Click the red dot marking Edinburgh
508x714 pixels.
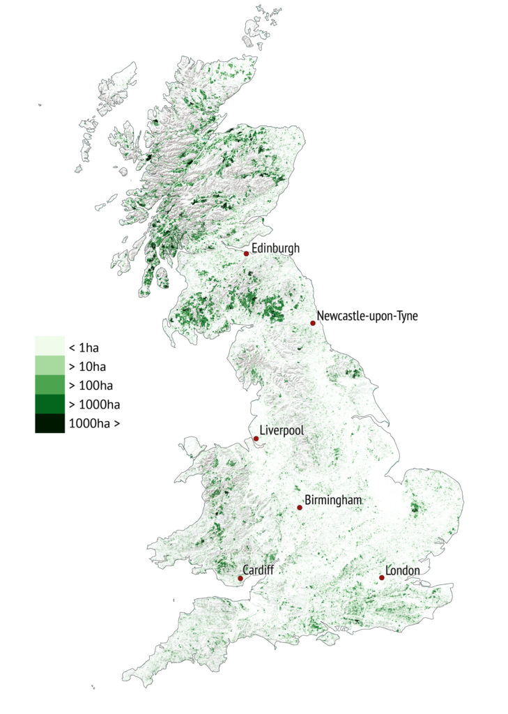[x=246, y=254]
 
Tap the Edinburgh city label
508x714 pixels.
[x=275, y=248]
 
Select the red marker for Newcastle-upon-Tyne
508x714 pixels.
[x=313, y=323]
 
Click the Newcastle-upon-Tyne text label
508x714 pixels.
[x=367, y=317]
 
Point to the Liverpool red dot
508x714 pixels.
[x=256, y=439]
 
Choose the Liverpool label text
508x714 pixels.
[x=282, y=431]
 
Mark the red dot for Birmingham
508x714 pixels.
[x=300, y=508]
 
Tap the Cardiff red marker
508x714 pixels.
[x=240, y=578]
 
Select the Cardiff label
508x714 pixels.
[x=259, y=570]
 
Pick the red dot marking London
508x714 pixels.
[x=382, y=577]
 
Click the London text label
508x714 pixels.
[x=403, y=571]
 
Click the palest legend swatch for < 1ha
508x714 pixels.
[x=49, y=347]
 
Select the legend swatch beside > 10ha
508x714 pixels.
[x=49, y=366]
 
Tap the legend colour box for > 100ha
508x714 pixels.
[x=49, y=385]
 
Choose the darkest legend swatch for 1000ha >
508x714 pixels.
[x=49, y=423]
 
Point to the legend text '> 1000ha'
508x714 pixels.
[x=94, y=404]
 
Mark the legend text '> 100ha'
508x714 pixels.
[x=91, y=386]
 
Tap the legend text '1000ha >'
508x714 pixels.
[x=94, y=423]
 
